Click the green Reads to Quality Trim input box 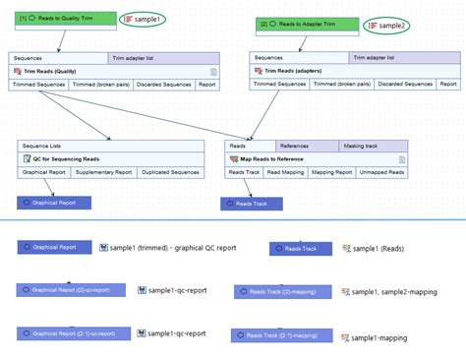(x=60, y=18)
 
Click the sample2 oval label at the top (x=388, y=24)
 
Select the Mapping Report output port (x=332, y=172)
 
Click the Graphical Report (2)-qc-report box (x=71, y=290)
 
